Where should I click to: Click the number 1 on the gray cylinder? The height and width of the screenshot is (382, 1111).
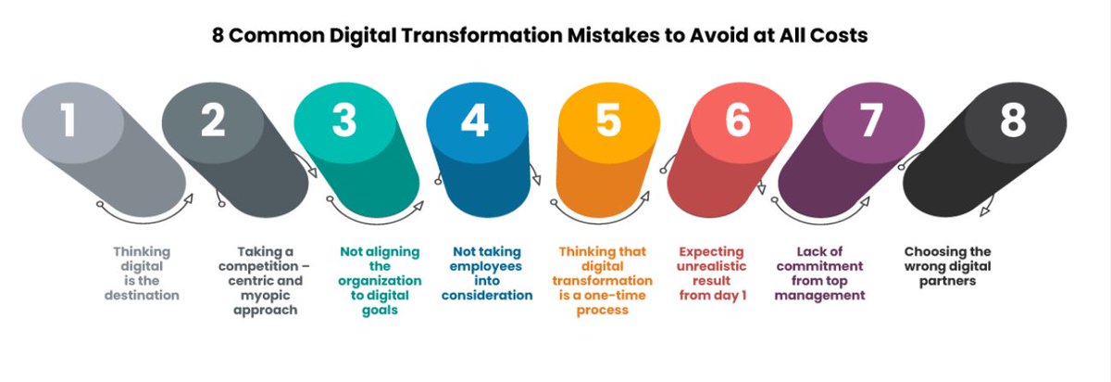click(x=69, y=121)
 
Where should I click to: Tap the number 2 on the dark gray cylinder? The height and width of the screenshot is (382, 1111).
click(x=213, y=121)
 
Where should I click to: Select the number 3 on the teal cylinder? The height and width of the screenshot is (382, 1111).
click(x=344, y=121)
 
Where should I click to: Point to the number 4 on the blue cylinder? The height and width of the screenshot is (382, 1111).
click(x=476, y=121)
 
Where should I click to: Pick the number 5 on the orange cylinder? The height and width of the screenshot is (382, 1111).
click(x=608, y=121)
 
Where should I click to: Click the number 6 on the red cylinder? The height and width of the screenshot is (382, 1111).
click(x=738, y=121)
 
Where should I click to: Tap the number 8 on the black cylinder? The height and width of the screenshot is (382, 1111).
click(x=1014, y=121)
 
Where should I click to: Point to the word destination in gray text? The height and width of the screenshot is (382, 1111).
click(x=143, y=296)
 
